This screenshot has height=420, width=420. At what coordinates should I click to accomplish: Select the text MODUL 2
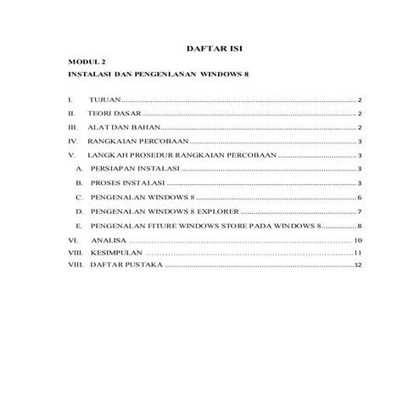[x=82, y=64]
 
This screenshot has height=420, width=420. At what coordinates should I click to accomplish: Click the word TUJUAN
[x=105, y=100]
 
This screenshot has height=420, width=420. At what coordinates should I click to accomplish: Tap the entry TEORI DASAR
[x=114, y=114]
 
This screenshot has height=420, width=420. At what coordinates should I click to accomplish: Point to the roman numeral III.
[x=73, y=127]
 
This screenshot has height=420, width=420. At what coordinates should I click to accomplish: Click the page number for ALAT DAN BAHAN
[x=361, y=127]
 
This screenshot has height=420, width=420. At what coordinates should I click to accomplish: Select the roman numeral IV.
[x=73, y=142]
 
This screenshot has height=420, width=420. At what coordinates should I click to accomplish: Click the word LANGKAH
[x=106, y=156]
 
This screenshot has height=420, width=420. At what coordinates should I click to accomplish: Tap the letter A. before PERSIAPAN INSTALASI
[x=81, y=170]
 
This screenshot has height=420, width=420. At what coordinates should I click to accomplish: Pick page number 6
[x=361, y=198]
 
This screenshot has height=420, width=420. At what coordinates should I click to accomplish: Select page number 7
[x=361, y=211]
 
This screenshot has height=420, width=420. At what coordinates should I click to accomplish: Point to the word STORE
[x=232, y=227]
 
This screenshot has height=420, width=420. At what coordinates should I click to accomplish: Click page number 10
[x=359, y=242]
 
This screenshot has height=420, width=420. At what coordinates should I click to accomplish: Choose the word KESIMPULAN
[x=115, y=254]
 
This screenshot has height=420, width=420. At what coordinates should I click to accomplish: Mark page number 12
[x=359, y=266]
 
